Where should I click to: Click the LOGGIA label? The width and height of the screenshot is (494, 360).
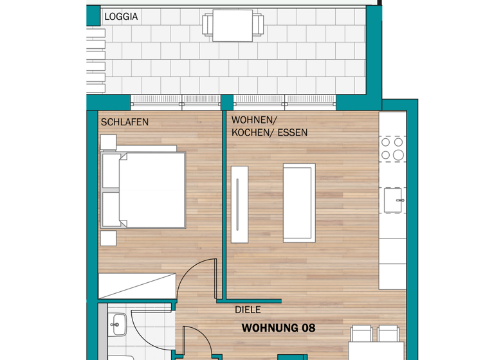(x=121, y=17)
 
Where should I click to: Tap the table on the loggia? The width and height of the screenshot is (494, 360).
(x=233, y=26)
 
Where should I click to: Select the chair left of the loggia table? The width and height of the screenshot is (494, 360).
(x=207, y=26)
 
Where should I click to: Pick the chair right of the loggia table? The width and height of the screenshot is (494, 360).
(x=259, y=26)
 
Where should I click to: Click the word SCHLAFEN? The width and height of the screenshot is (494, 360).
(x=125, y=122)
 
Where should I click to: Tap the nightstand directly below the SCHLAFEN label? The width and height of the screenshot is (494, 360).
(x=107, y=142)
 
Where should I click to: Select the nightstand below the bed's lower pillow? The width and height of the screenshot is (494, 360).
(x=108, y=237)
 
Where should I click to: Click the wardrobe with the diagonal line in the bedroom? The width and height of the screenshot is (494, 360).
(x=136, y=285)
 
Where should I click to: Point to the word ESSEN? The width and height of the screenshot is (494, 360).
(x=293, y=133)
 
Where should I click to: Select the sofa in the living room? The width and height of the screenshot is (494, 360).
(x=299, y=203)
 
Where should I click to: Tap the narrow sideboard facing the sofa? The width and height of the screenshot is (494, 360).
(x=239, y=204)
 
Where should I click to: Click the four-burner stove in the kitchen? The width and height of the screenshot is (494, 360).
(x=392, y=148)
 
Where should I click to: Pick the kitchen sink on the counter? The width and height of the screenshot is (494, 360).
(x=393, y=200)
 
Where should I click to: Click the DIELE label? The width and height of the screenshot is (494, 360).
(x=248, y=310)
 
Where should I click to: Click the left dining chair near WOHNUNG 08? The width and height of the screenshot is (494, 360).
(x=361, y=334)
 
